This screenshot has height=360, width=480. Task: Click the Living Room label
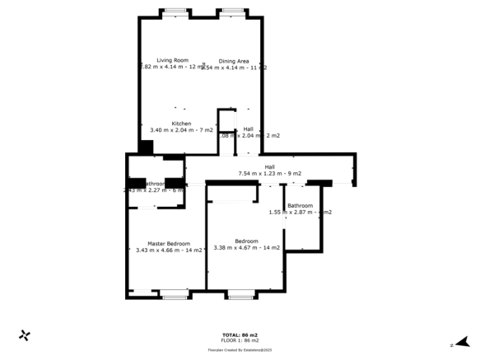[x=173, y=60]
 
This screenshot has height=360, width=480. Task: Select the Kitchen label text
[x=181, y=124]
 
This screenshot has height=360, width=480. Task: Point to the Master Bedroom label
[x=169, y=243]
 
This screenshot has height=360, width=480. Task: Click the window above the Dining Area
[x=232, y=12]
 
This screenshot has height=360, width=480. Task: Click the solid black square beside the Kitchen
[x=146, y=147]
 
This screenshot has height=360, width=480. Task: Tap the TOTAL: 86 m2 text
[x=240, y=334]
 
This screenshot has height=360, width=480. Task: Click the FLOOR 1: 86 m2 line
[x=240, y=340]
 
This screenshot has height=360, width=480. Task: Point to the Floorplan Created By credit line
[x=240, y=348]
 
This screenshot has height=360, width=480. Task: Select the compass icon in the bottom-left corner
[x=25, y=335]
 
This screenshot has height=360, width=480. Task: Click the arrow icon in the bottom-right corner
[x=464, y=341]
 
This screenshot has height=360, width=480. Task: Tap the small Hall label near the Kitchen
[x=248, y=129]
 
